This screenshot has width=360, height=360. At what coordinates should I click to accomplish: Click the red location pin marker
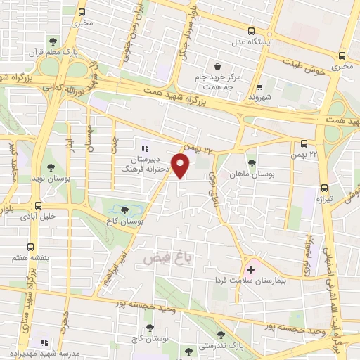pos(181,166)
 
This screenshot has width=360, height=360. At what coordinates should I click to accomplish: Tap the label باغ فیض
pos(167,258)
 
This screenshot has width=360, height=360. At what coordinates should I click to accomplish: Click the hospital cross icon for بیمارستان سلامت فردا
pos(251,269)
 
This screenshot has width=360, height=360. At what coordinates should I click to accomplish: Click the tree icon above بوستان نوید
pos(51,167)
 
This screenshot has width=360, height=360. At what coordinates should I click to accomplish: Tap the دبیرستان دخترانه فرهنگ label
pos(145,165)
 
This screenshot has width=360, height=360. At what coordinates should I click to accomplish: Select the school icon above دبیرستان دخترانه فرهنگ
pos(145,148)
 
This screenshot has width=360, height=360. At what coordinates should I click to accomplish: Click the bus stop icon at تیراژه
pos(324,188)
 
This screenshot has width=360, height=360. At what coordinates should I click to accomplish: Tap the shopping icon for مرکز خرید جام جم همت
pos(219,65)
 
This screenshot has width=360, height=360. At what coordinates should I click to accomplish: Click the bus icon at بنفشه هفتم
pos(30,247)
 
